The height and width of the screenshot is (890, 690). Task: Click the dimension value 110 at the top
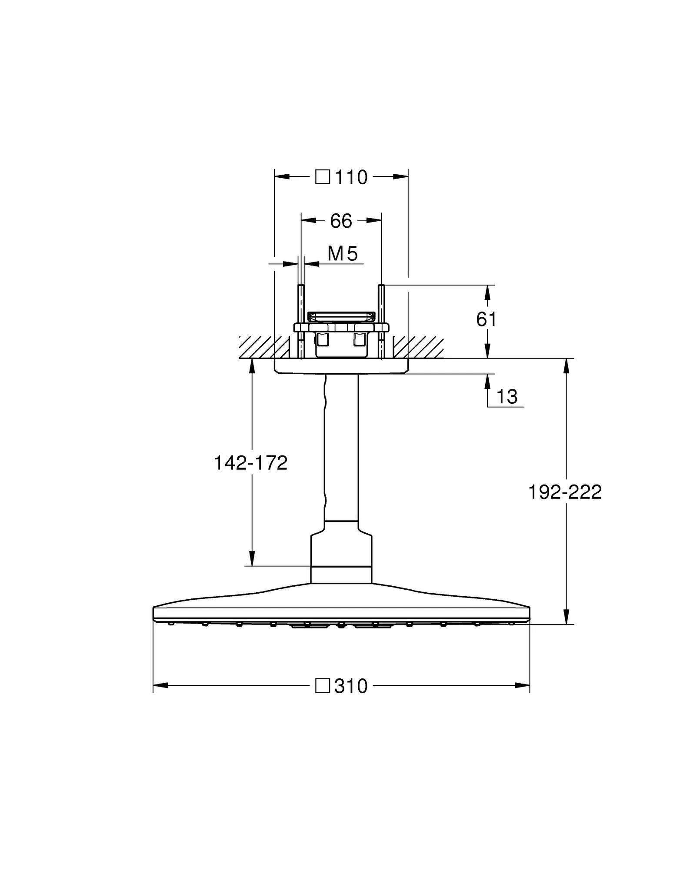351,177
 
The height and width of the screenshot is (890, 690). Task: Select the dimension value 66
341,221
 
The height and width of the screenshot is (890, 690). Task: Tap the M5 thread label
343,254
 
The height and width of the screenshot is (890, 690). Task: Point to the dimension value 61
486,320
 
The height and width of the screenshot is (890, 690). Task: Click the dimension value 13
507,397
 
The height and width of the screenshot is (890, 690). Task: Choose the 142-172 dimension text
251,463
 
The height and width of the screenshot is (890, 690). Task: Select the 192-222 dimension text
565,492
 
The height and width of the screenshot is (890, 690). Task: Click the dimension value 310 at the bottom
351,686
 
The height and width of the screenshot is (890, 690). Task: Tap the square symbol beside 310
322,686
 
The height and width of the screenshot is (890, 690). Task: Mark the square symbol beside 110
322,177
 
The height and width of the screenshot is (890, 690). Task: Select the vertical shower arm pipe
341,448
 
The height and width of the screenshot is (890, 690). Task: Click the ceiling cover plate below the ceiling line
341,366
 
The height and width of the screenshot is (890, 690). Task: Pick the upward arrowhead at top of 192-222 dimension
566,366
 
